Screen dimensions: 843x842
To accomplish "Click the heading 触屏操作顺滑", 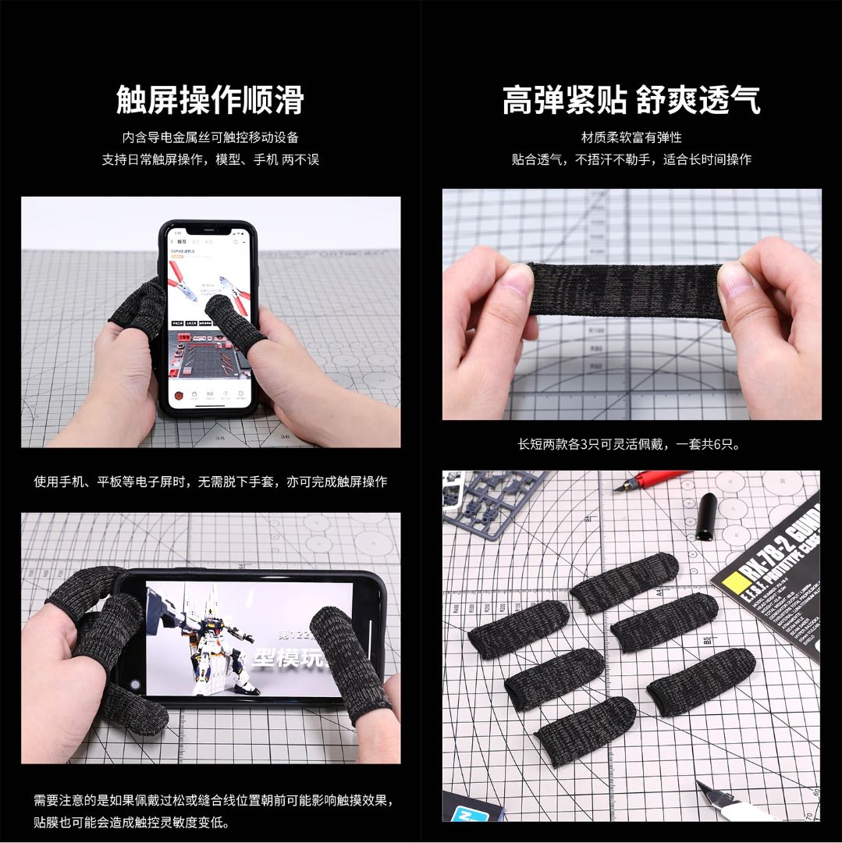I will click(210, 100).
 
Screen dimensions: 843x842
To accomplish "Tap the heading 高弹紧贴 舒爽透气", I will click(631, 100).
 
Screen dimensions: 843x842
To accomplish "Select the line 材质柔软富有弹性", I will click(631, 137).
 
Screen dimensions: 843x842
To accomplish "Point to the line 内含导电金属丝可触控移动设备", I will click(210, 137).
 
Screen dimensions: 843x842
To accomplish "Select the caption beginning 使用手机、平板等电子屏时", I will click(210, 482).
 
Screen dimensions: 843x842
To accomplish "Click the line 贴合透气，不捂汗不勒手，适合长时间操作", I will click(631, 159).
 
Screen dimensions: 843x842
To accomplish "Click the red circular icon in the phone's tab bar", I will click(179, 396).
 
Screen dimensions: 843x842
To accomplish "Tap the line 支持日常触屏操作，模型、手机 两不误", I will click(210, 159).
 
